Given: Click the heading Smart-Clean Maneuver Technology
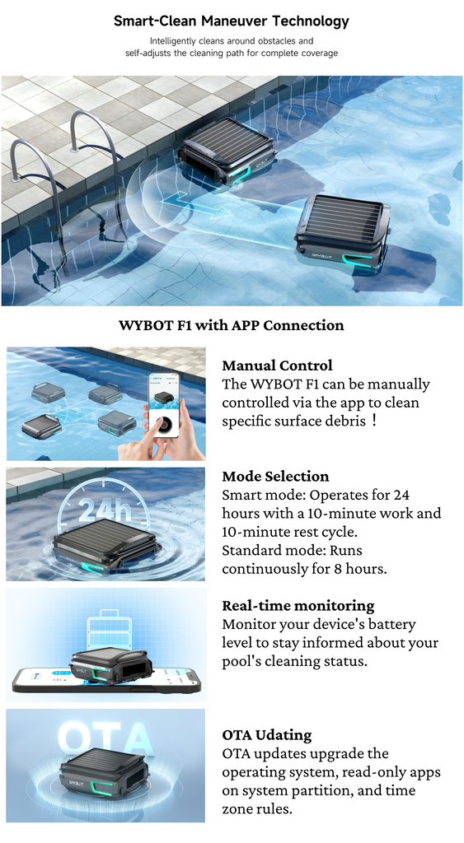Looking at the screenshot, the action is tap(232, 21).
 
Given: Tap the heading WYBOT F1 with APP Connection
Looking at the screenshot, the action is tap(232, 325).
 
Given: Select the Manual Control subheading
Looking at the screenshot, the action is tap(277, 366).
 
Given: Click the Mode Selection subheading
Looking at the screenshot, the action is tap(275, 477).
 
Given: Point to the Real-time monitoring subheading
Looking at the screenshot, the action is tap(298, 605).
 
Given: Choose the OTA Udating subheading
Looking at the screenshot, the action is tap(267, 735).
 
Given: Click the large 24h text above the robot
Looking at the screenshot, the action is tap(105, 510).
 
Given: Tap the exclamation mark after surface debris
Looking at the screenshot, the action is tap(374, 421).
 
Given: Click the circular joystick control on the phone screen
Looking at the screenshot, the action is tap(163, 425).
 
